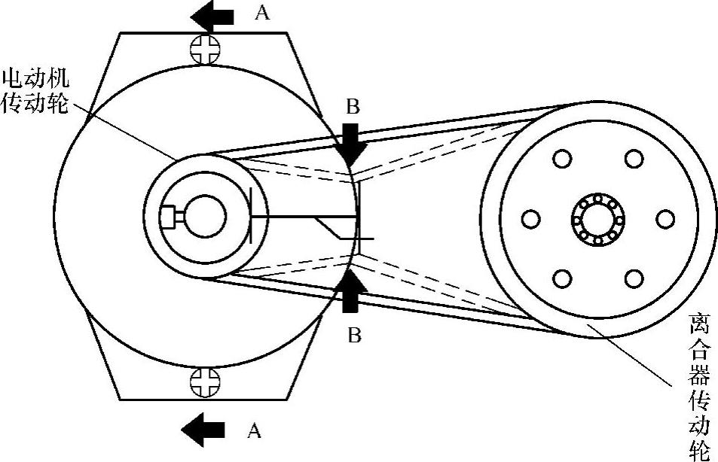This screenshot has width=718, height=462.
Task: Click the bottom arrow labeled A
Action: pyautogui.click(x=203, y=428)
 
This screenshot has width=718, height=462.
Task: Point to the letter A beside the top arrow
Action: pyautogui.click(x=263, y=13)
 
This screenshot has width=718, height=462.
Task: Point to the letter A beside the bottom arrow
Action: pyautogui.click(x=255, y=430)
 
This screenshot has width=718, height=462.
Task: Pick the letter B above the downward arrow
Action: pyautogui.click(x=352, y=108)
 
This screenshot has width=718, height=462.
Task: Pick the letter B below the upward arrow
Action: pyautogui.click(x=352, y=333)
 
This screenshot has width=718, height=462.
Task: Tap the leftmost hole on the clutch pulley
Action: pyautogui.click(x=531, y=219)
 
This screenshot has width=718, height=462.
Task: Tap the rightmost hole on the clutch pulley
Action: pyautogui.click(x=665, y=219)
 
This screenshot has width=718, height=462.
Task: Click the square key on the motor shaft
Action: pyautogui.click(x=168, y=217)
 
